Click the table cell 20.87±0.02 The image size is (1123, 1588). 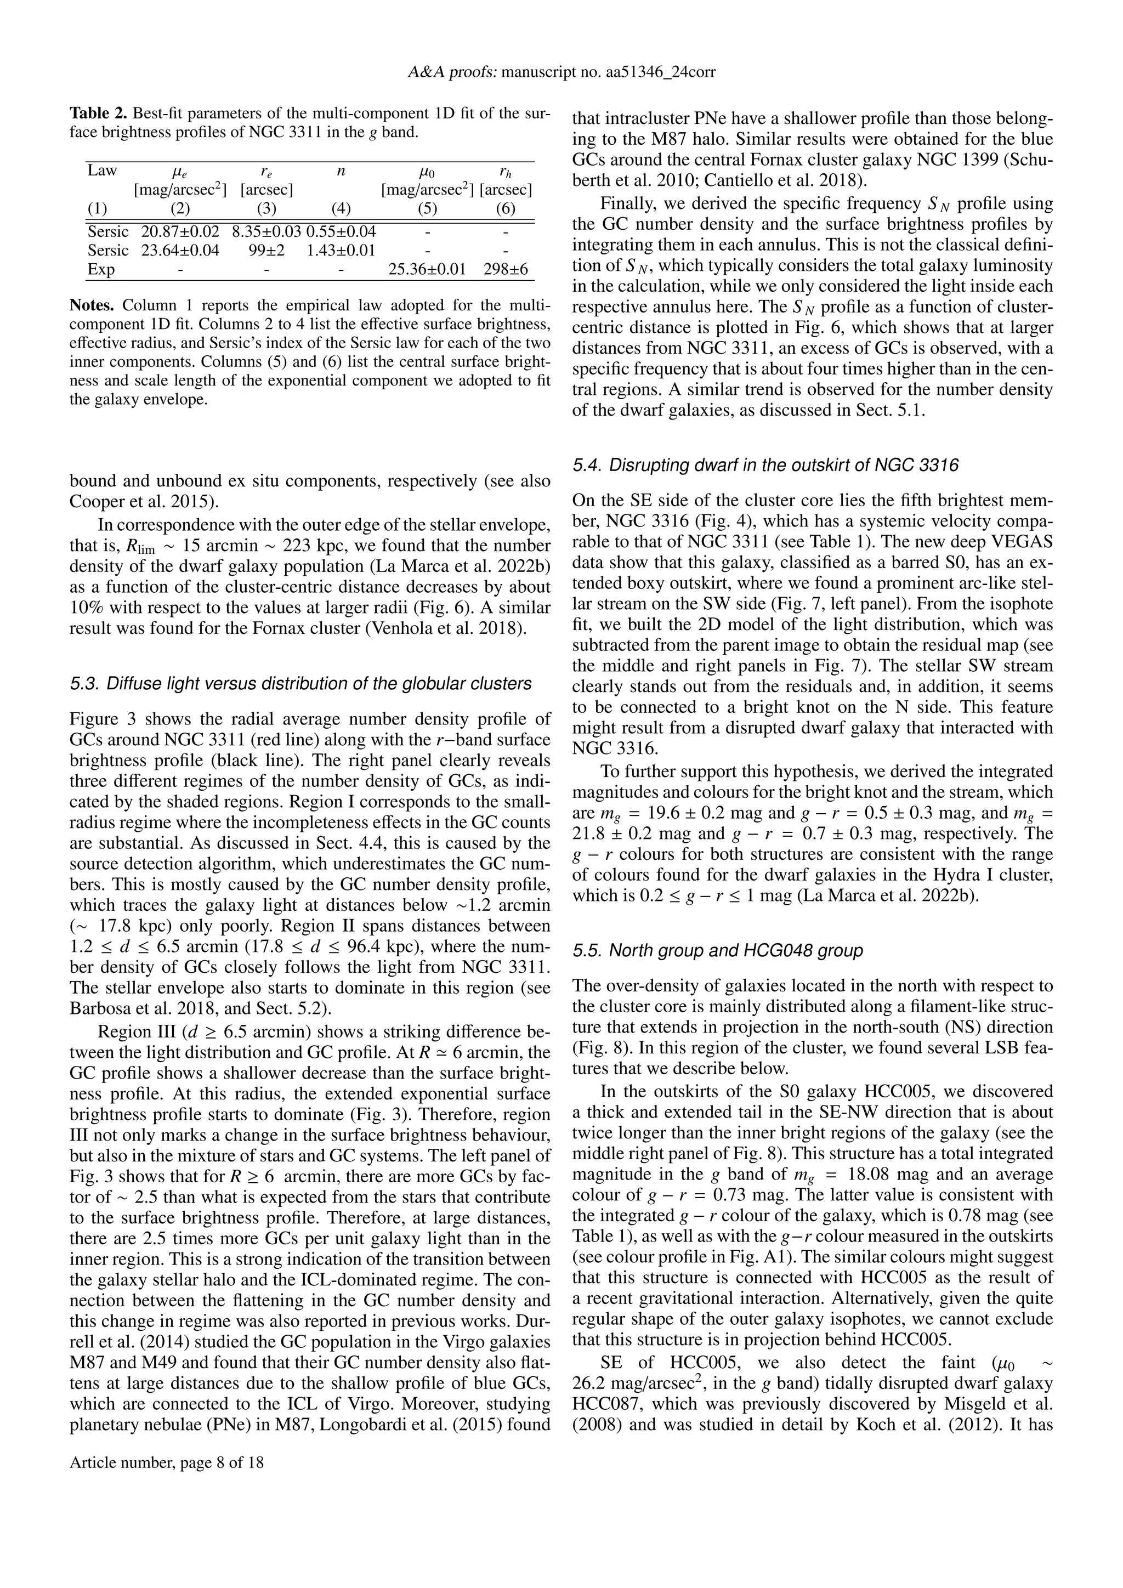tap(180, 232)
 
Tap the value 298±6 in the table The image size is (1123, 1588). tap(506, 269)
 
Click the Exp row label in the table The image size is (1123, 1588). tap(101, 269)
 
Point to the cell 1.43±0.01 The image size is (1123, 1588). tap(341, 251)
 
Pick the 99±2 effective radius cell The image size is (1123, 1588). tap(266, 251)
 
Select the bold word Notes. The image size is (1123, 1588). tap(94, 305)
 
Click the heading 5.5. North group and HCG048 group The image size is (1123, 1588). tap(718, 951)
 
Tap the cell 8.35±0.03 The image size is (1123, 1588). tap(266, 232)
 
